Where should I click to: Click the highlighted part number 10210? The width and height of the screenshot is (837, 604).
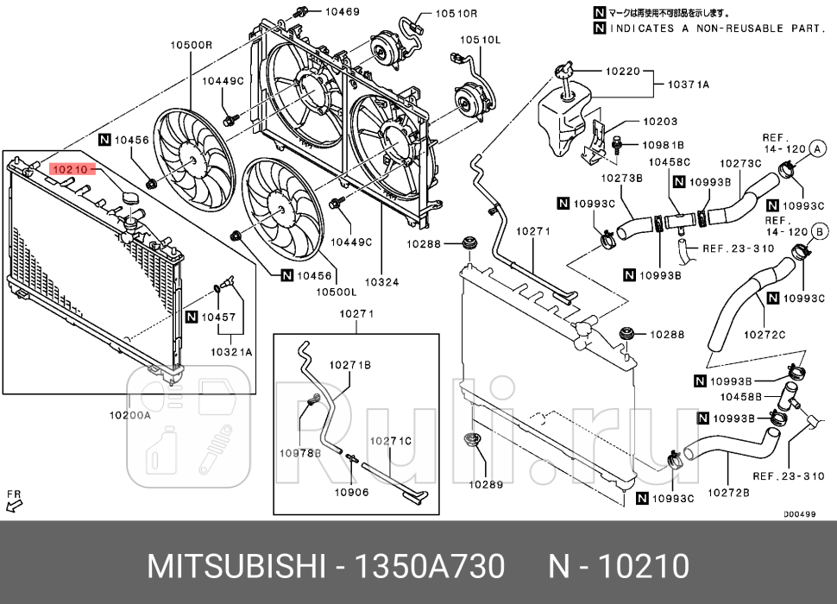point(70,170)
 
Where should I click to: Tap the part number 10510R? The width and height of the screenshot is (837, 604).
point(456,14)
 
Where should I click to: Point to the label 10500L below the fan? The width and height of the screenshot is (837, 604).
point(336,292)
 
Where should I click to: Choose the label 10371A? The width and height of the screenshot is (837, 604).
point(688,85)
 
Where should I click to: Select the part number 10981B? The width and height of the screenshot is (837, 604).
point(663,145)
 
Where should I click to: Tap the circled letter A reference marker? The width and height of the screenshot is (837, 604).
point(813,149)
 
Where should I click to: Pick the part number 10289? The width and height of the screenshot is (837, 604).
point(486,484)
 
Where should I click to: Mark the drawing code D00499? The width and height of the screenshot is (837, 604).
point(799,513)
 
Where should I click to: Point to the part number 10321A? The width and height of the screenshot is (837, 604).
point(231,352)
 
